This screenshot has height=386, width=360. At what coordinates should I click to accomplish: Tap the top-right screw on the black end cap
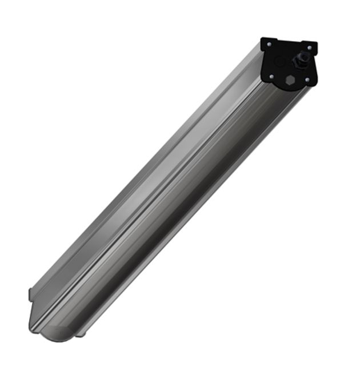(310, 48)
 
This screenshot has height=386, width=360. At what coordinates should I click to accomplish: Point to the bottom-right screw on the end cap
(307, 80)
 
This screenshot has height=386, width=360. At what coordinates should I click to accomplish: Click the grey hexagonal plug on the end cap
(291, 81)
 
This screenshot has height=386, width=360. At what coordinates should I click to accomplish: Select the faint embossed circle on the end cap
(280, 61)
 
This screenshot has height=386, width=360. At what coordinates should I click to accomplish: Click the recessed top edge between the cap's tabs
(289, 41)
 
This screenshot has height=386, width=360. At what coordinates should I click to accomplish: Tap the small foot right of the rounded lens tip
(81, 332)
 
